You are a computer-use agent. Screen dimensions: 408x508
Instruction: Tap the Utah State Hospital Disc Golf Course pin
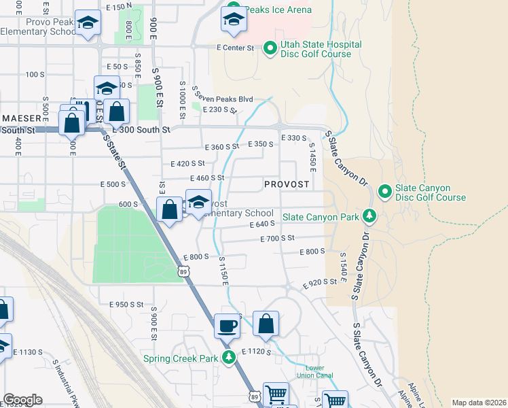tap(270, 48)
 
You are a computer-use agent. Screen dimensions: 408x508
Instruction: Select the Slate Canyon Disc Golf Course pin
tap(384, 191)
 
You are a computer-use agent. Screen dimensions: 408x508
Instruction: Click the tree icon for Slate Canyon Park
tap(369, 216)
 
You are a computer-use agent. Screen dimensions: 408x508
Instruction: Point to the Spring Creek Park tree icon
tap(229, 358)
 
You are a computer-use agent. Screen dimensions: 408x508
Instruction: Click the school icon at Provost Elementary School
tap(198, 203)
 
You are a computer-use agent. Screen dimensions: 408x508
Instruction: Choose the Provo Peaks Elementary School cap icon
tap(87, 23)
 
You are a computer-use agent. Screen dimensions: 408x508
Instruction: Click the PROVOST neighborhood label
tap(287, 184)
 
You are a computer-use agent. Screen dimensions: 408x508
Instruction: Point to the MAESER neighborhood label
tap(22, 118)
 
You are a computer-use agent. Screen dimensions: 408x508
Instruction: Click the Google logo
tap(22, 400)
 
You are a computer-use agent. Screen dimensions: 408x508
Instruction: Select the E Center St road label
tap(235, 48)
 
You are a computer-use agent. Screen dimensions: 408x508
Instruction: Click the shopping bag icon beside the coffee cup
tap(266, 325)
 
